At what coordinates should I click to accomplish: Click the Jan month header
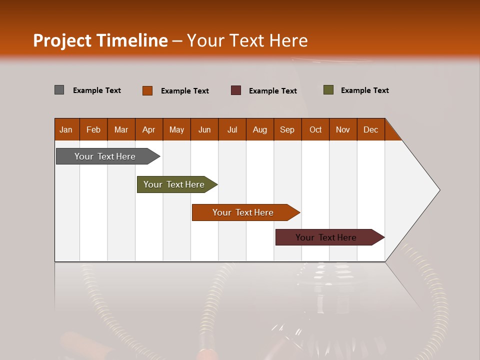tap(66, 129)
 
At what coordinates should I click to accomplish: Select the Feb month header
tap(93, 129)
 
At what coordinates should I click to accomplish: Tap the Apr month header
tap(148, 129)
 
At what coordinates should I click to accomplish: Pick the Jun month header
tap(204, 129)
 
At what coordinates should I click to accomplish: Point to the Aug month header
tap(259, 129)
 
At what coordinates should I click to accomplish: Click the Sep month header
tap(287, 129)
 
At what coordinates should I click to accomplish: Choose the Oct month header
tap(315, 129)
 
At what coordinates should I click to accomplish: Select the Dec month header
tap(370, 129)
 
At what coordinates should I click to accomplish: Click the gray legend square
tap(59, 90)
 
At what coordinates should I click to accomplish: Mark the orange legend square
tap(147, 90)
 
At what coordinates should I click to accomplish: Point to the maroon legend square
tap(236, 90)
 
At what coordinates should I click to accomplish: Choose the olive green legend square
tap(328, 90)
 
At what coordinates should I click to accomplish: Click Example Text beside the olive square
tap(364, 90)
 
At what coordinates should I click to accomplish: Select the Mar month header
tap(121, 129)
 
